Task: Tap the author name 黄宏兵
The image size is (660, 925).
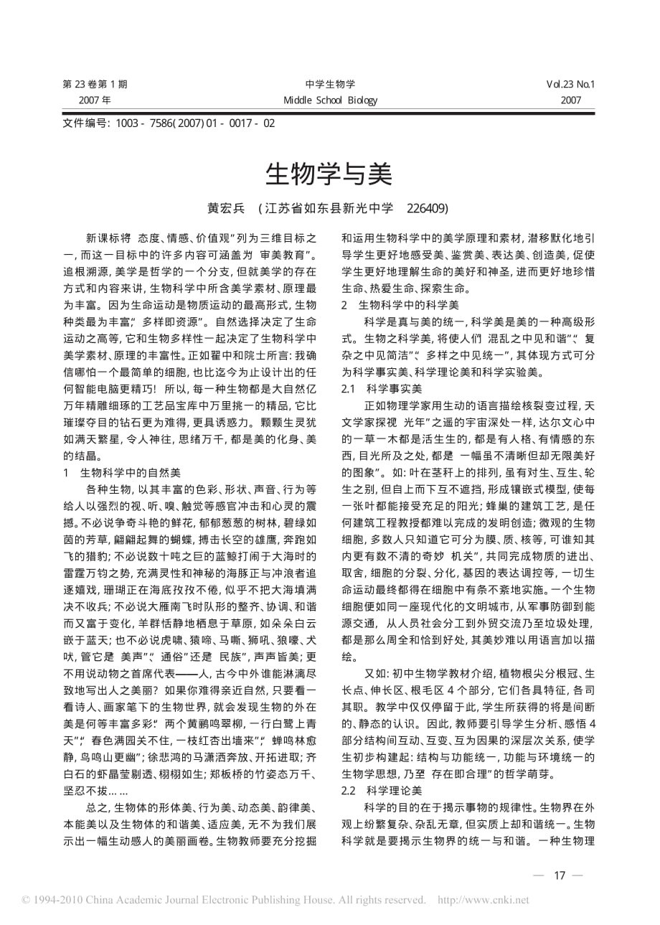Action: click(226, 208)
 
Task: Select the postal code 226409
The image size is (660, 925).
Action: click(427, 208)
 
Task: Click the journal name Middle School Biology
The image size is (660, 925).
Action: click(330, 100)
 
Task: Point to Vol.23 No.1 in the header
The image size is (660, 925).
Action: click(570, 84)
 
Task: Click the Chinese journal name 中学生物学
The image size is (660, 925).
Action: click(330, 84)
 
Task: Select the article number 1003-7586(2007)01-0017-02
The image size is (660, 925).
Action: click(190, 123)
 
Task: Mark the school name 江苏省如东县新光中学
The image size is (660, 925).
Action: click(329, 208)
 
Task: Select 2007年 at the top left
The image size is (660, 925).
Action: click(95, 100)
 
